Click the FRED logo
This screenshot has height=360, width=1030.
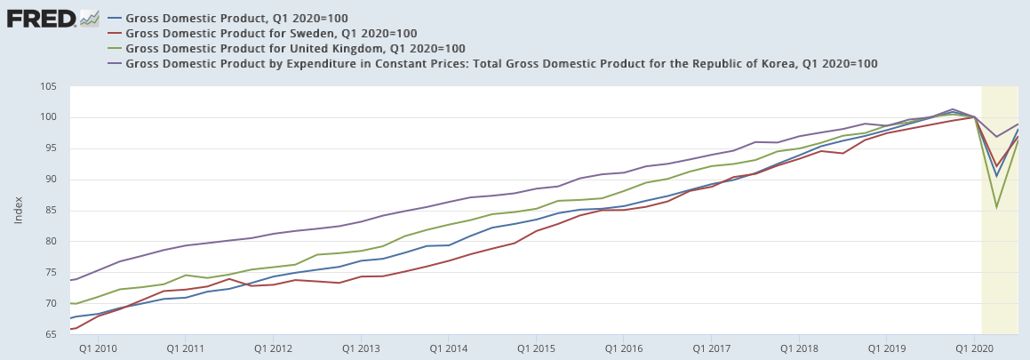[x=41, y=18]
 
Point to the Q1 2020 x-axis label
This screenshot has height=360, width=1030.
[x=975, y=348]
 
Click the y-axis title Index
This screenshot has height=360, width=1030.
[x=18, y=211]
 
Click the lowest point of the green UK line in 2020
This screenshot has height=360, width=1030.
[x=996, y=207]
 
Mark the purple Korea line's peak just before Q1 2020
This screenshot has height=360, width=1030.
[x=953, y=109]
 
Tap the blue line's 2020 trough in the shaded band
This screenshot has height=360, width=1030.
[x=996, y=176]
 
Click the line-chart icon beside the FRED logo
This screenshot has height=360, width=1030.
[x=89, y=18]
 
